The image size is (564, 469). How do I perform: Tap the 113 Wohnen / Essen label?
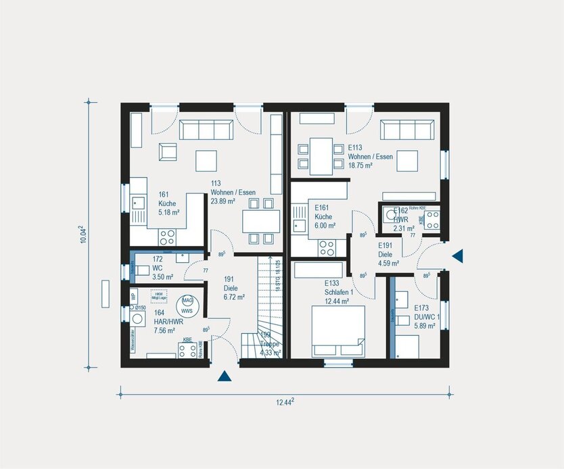223,192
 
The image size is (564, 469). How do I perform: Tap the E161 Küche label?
325,217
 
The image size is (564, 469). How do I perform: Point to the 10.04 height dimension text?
83,233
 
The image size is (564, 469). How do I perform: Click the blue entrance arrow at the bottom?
224,377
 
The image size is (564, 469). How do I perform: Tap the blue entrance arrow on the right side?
458,255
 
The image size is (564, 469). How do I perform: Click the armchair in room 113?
166,152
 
